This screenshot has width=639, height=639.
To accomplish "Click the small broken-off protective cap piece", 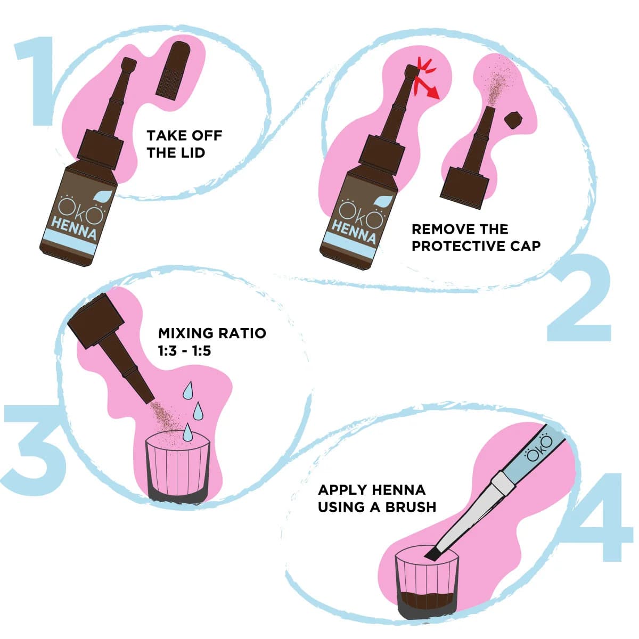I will click(514, 119).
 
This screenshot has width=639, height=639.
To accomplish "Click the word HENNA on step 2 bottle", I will click(354, 231).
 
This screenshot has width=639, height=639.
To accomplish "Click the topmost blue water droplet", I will click(189, 390).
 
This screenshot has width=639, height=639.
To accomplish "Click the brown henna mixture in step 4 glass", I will click(426, 599).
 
